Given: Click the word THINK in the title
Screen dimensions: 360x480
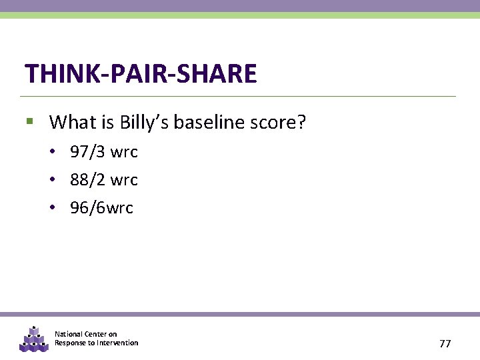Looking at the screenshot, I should (x=55, y=73).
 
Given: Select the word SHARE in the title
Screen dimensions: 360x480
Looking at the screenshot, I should (x=215, y=73).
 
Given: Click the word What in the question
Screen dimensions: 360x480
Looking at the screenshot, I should (x=73, y=122).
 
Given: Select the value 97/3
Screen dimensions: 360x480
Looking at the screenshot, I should (x=88, y=152).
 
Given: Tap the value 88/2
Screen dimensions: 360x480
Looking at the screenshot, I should (x=88, y=180).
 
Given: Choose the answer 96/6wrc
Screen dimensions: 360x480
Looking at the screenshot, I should (x=101, y=208).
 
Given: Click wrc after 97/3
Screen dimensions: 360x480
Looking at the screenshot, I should (x=124, y=152).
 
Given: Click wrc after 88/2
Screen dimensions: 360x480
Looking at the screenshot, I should (x=124, y=180).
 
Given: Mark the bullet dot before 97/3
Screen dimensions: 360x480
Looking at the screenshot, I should (x=52, y=152).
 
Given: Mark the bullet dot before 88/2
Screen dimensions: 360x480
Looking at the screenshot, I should (x=52, y=180).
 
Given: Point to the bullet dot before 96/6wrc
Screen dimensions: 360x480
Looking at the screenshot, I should (x=52, y=208).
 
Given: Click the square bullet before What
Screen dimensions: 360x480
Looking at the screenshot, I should (x=29, y=122).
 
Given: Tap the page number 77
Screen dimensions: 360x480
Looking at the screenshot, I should (x=445, y=344).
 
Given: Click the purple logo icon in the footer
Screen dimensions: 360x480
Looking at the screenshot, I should (x=33, y=339).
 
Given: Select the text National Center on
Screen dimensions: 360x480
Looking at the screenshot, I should (x=85, y=334).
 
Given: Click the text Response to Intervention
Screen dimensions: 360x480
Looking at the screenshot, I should (x=96, y=343).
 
